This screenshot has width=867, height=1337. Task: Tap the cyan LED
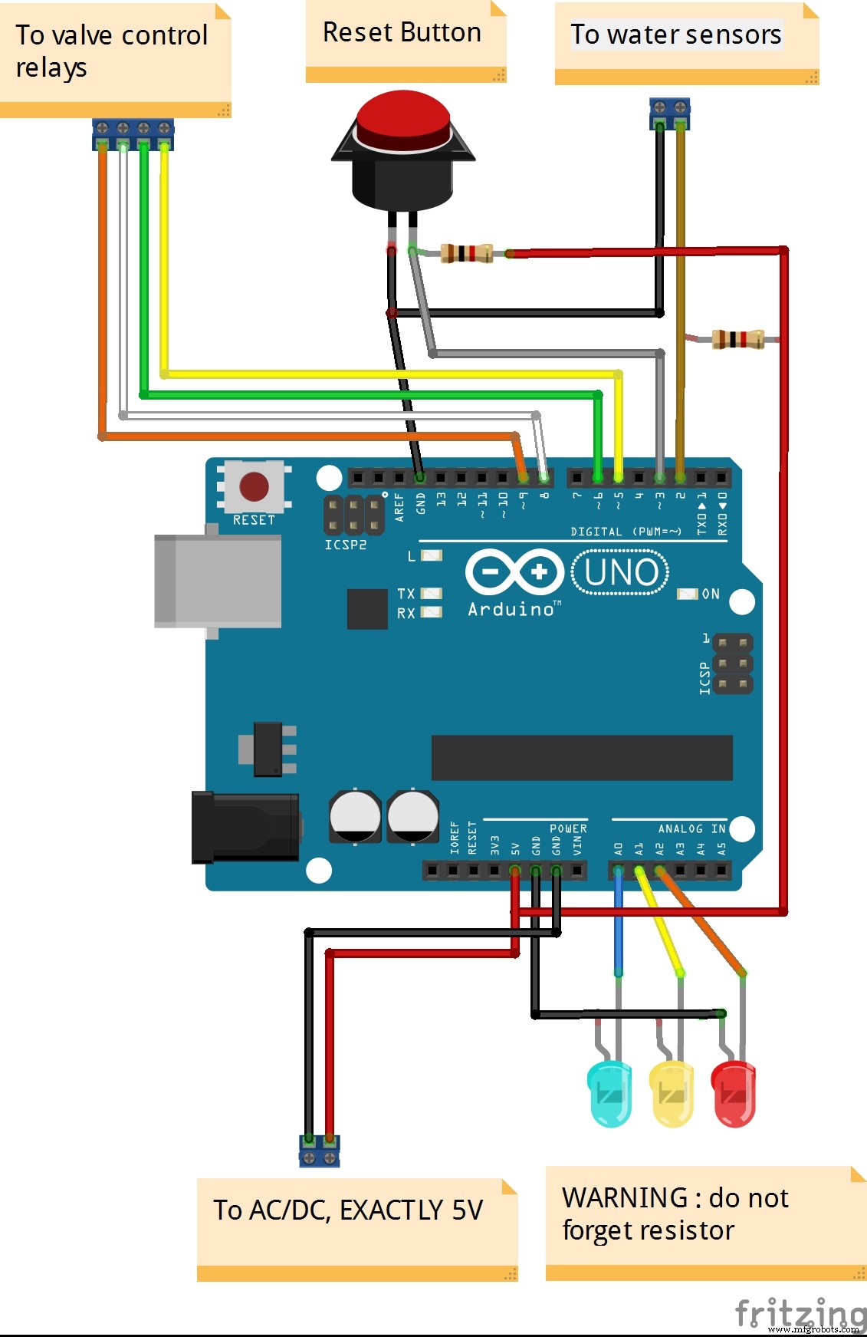point(610,1094)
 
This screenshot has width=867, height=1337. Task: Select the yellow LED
point(672,1094)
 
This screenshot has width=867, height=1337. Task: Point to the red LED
point(734,1094)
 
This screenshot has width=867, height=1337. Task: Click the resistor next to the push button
point(466,253)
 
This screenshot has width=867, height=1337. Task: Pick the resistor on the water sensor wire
point(737,339)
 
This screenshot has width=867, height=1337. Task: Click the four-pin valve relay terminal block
point(133,134)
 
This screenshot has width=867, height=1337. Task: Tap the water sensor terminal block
point(669,113)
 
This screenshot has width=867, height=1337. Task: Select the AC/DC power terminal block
point(319,1151)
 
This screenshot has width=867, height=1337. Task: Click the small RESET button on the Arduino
point(254,487)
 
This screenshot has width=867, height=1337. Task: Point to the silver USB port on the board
point(218,581)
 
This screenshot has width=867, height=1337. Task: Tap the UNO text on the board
point(621,572)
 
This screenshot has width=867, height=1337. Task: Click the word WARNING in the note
point(625,1197)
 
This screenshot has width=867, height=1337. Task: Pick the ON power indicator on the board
point(710,594)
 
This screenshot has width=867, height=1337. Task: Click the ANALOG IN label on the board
point(691,828)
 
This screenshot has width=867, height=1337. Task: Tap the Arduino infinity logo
point(514,572)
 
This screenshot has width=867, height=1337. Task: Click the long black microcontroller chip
point(582,758)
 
